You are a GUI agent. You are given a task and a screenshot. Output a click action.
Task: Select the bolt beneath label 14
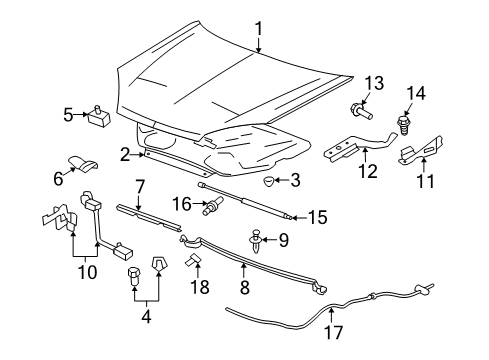406,126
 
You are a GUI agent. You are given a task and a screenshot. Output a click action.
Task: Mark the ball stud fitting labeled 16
212,207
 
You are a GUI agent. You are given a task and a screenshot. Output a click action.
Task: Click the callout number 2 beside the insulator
126,153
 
